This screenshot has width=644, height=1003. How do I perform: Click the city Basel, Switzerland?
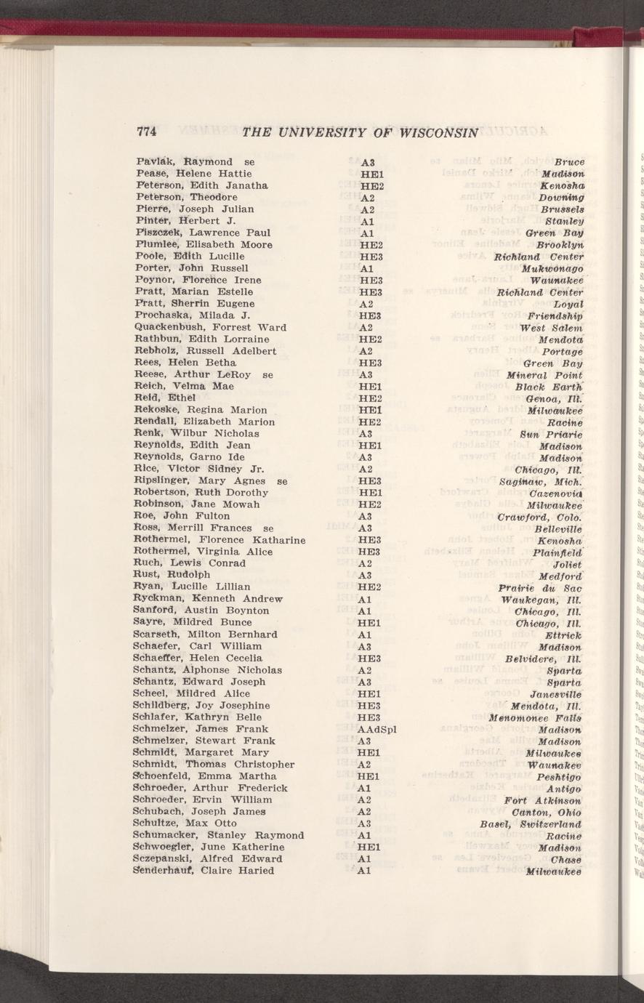coord(531,823)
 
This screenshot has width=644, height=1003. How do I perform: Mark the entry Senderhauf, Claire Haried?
coord(204,871)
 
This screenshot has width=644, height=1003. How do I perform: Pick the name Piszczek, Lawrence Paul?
coord(193,233)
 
